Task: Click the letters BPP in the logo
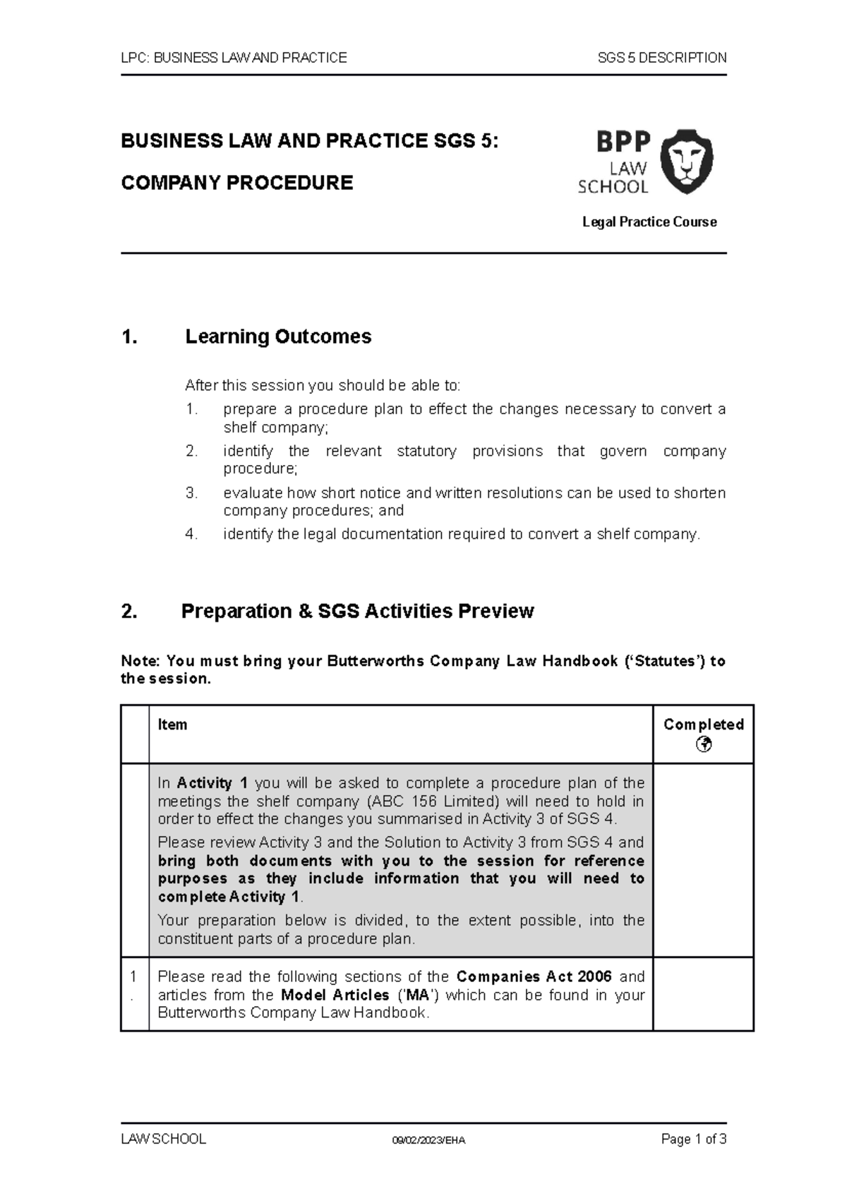click(x=623, y=142)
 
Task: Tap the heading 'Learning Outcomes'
click(x=277, y=337)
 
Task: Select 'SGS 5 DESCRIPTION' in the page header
click(x=661, y=58)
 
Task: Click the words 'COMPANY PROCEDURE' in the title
click(x=237, y=183)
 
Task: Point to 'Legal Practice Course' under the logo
click(x=649, y=222)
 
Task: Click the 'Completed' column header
click(x=703, y=725)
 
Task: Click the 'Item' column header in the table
click(x=172, y=725)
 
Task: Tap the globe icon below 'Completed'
click(x=703, y=744)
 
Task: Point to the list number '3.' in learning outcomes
click(x=192, y=493)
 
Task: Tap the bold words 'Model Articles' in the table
click(x=335, y=995)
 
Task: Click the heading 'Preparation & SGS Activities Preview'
click(x=357, y=611)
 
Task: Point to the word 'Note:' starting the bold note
click(x=141, y=661)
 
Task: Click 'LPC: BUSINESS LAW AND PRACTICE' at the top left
click(x=234, y=58)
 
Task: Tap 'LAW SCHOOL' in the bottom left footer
click(x=163, y=1139)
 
